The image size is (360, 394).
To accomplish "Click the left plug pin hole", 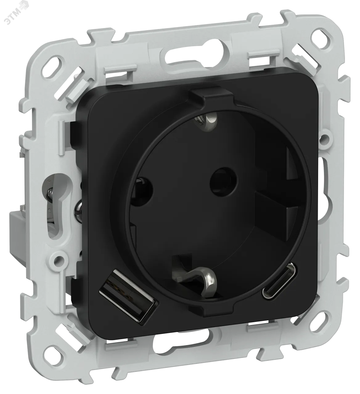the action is coord(141,190).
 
